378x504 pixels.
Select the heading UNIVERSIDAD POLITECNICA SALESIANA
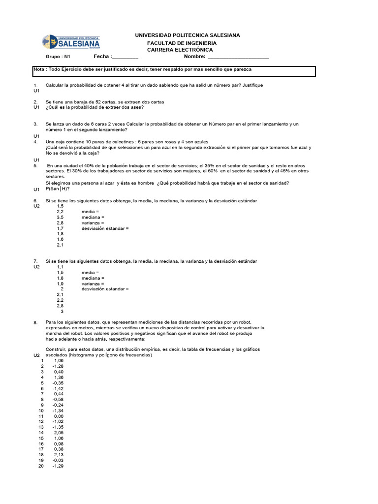188,35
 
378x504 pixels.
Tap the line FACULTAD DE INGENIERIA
182,43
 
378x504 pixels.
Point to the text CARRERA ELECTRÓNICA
180,50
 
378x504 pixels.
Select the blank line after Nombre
238,58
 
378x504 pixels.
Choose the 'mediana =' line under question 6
93,217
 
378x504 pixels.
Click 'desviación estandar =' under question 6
105,229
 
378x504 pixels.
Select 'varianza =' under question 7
93,284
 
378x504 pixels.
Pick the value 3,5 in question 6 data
60,217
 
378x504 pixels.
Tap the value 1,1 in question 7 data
60,267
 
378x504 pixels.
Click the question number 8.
36,322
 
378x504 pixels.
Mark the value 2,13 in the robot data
59,455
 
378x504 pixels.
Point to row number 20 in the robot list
41,466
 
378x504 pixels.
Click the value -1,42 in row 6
58,388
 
